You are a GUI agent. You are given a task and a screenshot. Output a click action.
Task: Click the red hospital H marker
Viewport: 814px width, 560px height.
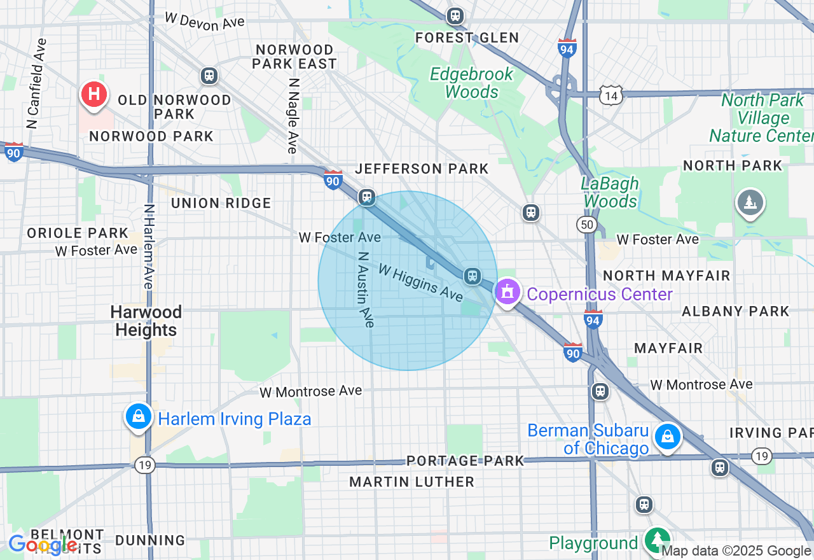pos(94,95)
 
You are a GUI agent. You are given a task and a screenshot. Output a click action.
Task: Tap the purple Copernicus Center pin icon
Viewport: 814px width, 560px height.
pos(507,292)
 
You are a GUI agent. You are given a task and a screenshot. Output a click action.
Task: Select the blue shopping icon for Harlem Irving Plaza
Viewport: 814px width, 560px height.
pos(138,417)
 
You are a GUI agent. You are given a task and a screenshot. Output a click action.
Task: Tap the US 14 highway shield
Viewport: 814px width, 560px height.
pos(610,96)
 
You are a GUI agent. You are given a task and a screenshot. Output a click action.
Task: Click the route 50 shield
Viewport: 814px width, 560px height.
pos(586,224)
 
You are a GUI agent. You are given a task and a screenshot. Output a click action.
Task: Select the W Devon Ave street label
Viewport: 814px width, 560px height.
pos(204,21)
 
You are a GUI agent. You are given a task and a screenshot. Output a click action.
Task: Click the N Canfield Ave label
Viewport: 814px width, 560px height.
pos(37,83)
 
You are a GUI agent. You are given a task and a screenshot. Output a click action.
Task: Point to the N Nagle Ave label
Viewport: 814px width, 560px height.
pos(293,116)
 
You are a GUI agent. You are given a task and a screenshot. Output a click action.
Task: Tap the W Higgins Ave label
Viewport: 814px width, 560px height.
pos(420,283)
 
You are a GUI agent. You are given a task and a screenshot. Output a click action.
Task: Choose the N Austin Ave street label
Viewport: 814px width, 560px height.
pos(366,290)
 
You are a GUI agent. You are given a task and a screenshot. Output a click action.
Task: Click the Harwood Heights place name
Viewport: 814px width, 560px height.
pos(146,321)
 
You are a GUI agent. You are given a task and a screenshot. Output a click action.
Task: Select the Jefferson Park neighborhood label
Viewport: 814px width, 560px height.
pos(422,169)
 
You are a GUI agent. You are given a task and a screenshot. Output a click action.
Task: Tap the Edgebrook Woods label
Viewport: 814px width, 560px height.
pos(471,83)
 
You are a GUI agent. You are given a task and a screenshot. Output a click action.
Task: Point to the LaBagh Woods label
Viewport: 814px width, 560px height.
pos(610,192)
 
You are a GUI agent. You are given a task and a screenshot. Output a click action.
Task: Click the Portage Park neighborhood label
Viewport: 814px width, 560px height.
pos(466,461)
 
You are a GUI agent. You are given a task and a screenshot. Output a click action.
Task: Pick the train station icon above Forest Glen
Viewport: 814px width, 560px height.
pos(455,16)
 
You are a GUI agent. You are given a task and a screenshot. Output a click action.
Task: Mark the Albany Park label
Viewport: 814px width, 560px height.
pos(735,311)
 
